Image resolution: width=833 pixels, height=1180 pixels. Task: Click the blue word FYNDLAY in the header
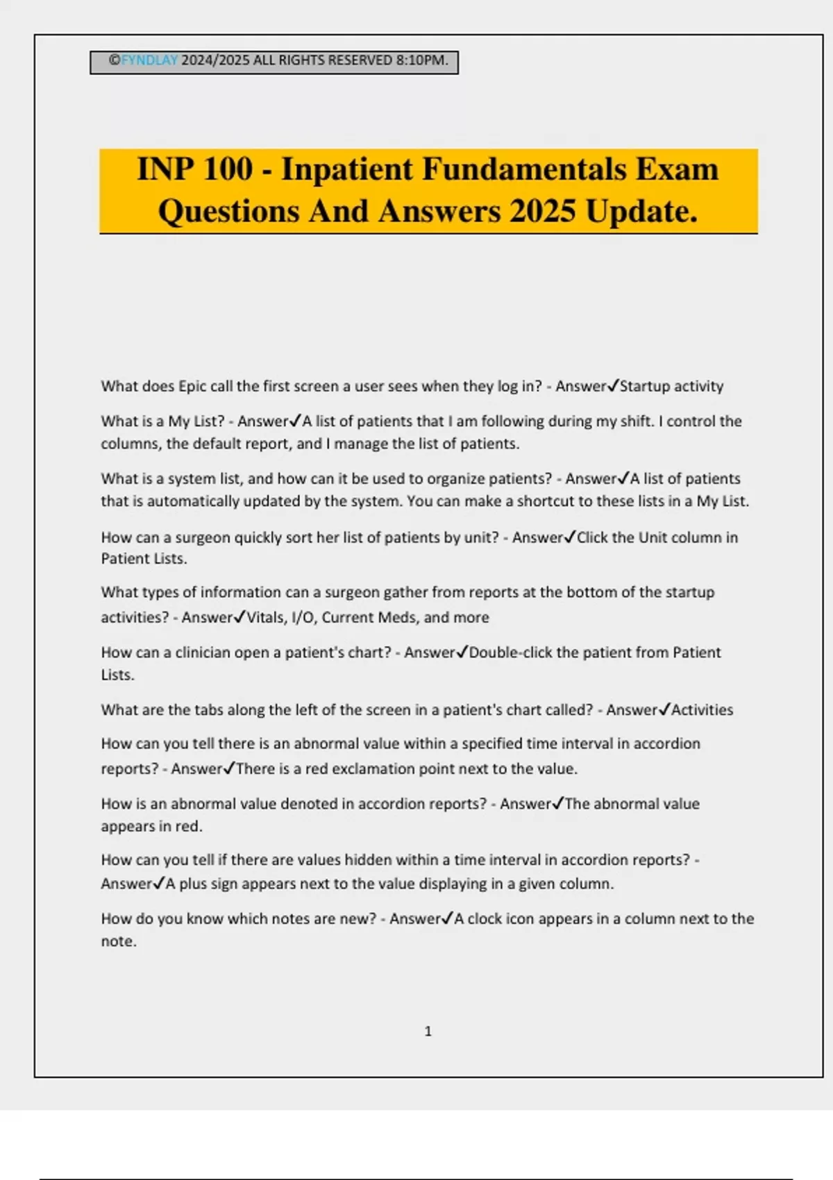(149, 60)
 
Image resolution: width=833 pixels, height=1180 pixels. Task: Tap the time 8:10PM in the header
(421, 60)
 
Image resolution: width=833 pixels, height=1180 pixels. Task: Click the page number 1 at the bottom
(428, 1031)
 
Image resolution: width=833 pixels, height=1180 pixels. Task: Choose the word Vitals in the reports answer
(264, 617)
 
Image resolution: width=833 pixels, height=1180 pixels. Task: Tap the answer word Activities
(702, 709)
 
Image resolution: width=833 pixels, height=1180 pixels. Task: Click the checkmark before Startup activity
(613, 385)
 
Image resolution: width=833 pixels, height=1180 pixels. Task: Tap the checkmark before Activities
(664, 709)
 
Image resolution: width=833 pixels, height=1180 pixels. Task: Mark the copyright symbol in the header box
(115, 60)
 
